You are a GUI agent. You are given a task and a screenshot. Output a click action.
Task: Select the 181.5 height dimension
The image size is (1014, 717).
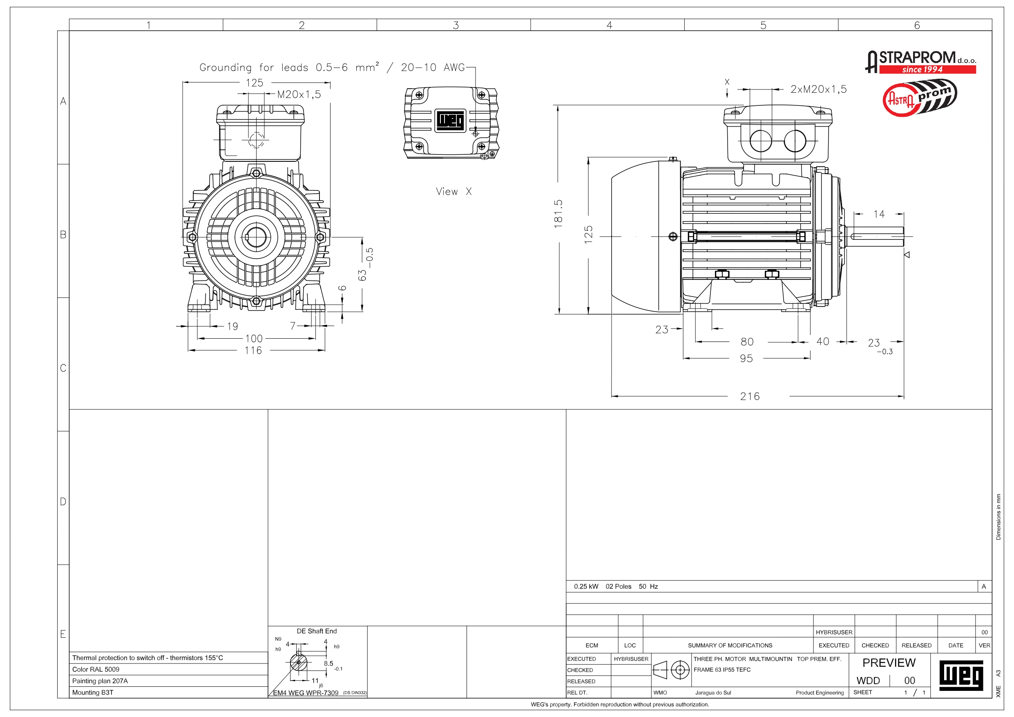click(x=558, y=213)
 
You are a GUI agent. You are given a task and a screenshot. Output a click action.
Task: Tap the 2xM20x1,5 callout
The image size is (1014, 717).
click(x=818, y=89)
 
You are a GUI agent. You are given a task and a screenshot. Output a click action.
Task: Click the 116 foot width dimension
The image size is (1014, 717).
click(x=253, y=350)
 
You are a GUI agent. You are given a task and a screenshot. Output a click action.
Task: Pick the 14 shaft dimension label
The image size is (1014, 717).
click(x=878, y=214)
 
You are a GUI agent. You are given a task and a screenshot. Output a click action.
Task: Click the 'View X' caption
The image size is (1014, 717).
click(x=453, y=191)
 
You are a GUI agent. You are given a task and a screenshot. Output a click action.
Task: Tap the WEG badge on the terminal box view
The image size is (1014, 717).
click(x=450, y=120)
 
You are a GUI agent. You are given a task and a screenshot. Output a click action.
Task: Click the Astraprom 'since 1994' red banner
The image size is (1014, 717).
click(x=927, y=69)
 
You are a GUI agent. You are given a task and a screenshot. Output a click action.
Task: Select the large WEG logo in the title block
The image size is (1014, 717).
click(x=960, y=675)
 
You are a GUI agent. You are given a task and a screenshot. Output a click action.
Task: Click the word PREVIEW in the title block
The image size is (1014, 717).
click(x=889, y=663)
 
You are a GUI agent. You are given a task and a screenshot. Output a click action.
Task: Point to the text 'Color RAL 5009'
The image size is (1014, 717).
click(x=96, y=669)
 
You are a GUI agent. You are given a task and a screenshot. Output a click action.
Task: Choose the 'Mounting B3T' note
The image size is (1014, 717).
click(x=93, y=692)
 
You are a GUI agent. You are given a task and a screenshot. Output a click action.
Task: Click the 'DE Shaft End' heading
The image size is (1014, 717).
click(x=316, y=631)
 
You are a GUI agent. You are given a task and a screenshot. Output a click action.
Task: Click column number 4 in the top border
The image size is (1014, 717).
click(x=609, y=25)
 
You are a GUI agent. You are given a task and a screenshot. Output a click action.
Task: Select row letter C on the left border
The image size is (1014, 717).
click(x=63, y=368)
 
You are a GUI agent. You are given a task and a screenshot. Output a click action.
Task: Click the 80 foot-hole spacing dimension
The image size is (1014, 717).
click(x=747, y=342)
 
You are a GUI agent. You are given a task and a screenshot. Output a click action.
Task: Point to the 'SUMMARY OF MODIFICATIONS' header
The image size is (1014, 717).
click(x=730, y=646)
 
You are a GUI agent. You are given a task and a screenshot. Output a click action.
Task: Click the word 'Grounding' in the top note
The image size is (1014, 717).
click(x=225, y=67)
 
